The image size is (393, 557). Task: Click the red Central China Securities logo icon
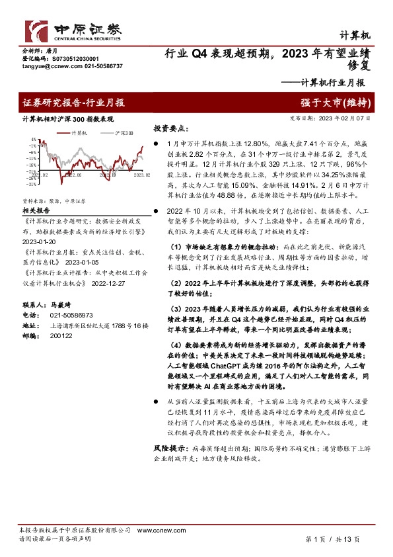tap(35, 30)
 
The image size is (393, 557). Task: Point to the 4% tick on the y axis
tap(32, 140)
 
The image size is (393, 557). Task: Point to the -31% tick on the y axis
tap(30, 185)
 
